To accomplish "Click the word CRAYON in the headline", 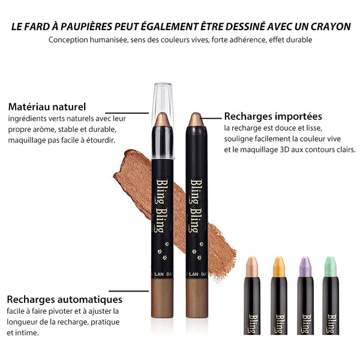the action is pos(331,26).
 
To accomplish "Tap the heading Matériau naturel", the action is pos(47,107).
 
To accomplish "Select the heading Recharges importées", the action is pos(273,116).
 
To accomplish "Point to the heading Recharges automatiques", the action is pos(65,299).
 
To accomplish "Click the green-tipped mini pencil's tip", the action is pos(331,266).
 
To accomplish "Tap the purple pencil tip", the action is pos(305,266).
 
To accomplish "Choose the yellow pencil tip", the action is pos(279,266).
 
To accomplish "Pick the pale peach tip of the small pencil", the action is pos(252,266).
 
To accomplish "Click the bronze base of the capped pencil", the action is pos(162,298).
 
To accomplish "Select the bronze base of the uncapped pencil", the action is pos(197,298).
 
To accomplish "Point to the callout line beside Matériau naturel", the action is pos(127,113).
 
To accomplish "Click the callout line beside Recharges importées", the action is pos(212,118).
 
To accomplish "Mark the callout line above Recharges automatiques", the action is pos(129,291).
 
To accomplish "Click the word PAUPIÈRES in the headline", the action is pos(86,26).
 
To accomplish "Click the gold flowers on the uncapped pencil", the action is pos(197,251).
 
